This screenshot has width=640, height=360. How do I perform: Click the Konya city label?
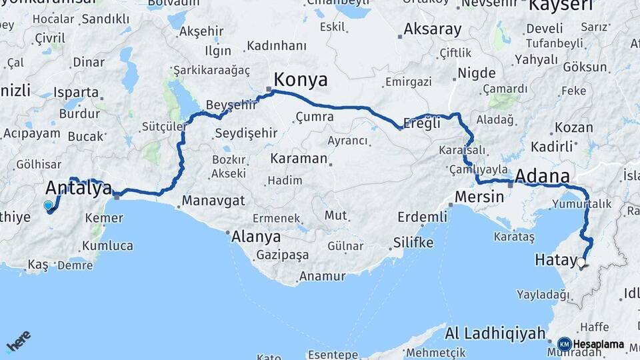(x=300, y=80)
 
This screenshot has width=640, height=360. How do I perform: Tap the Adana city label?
(x=543, y=177)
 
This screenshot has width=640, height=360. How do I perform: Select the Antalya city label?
(x=78, y=189)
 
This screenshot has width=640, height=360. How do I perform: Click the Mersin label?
(x=477, y=197)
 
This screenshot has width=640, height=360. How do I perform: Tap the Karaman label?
(x=299, y=159)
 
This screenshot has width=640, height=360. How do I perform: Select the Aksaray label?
(x=432, y=29)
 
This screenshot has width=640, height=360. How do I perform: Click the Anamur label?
(x=321, y=275)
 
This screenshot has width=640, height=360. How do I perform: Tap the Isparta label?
(x=77, y=92)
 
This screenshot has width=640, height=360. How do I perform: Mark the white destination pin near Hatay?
(x=581, y=263)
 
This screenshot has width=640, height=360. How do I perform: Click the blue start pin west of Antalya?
(x=48, y=206)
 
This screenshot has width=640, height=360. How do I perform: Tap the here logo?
(x=18, y=340)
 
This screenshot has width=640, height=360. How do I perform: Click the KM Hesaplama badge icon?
(x=564, y=344)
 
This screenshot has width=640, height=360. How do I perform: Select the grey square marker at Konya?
(x=269, y=90)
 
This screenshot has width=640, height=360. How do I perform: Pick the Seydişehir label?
(x=246, y=133)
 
